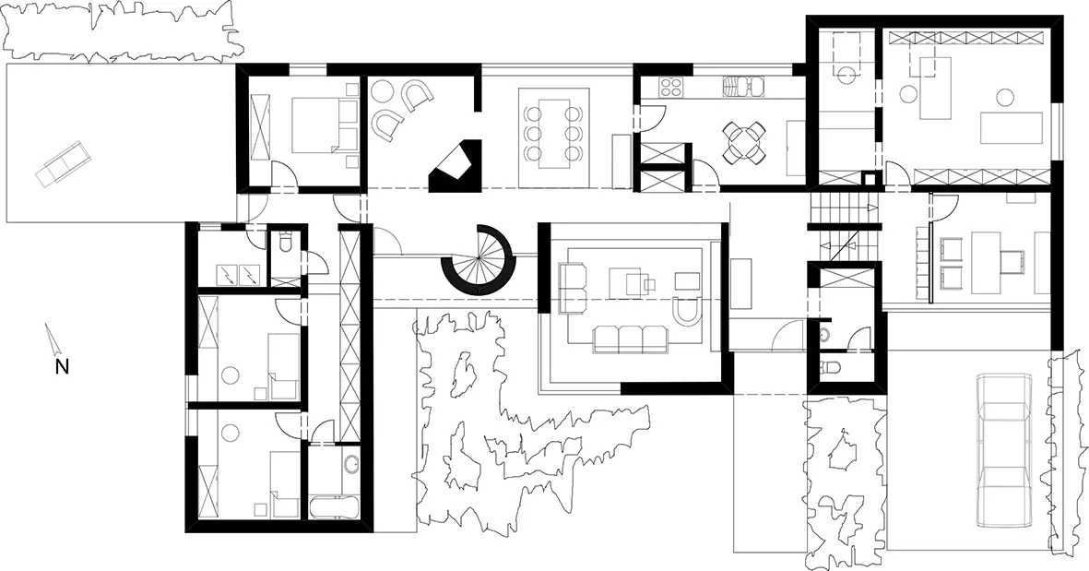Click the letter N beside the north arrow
(62, 366)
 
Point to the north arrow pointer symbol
(51, 339)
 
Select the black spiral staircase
(478, 259)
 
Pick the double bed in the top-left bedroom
(325, 125)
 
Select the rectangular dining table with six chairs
(553, 128)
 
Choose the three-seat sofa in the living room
(630, 338)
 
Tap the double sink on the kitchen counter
(744, 86)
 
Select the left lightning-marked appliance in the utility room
(227, 275)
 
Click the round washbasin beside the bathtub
(351, 462)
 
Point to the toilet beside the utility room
(285, 243)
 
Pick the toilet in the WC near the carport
(831, 367)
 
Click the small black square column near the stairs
(869, 178)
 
